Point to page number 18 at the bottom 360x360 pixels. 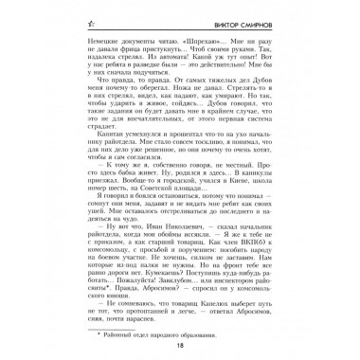[x=180, y=346]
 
